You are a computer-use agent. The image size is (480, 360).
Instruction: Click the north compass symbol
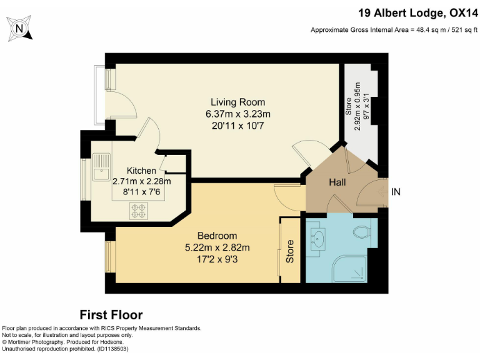click(x=19, y=28)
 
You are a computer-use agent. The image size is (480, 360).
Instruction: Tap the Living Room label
click(x=237, y=102)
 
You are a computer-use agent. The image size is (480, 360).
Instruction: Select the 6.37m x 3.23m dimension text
click(x=237, y=114)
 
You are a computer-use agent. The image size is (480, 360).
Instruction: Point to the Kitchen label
click(x=141, y=171)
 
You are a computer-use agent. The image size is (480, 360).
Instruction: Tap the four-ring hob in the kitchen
click(x=138, y=211)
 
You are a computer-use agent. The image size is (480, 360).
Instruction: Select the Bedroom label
click(x=217, y=236)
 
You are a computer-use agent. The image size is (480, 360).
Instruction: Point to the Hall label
click(x=341, y=182)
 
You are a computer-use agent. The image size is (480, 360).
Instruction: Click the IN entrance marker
click(x=396, y=192)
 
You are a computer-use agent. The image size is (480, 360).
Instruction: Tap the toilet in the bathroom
click(x=362, y=232)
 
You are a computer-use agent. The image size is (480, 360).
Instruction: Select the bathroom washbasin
click(x=319, y=237)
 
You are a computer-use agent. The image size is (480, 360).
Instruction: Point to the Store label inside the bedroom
click(x=290, y=251)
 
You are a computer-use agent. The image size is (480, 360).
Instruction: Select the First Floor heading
click(x=111, y=314)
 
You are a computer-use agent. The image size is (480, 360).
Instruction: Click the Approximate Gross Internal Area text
click(x=394, y=30)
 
